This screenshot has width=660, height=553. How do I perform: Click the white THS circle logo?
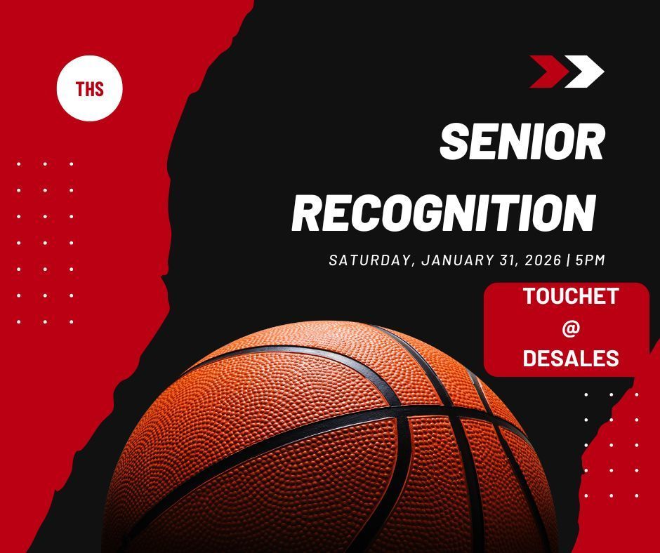pyautogui.click(x=89, y=89)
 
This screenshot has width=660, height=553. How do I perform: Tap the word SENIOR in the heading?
pyautogui.click(x=522, y=142)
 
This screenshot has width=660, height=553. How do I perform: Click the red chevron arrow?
pyautogui.click(x=547, y=72)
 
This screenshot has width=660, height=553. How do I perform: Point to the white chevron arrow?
pyautogui.click(x=583, y=72)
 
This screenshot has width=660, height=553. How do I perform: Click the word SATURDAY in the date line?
pyautogui.click(x=370, y=260)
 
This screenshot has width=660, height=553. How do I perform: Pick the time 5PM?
pyautogui.click(x=590, y=260)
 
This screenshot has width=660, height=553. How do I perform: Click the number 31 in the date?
pyautogui.click(x=510, y=260)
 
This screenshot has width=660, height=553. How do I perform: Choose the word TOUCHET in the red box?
pyautogui.click(x=570, y=296)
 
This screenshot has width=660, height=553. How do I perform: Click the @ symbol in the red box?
pyautogui.click(x=570, y=327)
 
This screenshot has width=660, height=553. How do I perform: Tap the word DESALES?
pyautogui.click(x=570, y=358)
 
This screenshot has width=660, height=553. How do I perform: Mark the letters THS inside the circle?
pyautogui.click(x=89, y=89)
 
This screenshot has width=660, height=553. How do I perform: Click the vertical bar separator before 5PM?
pyautogui.click(x=568, y=260)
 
